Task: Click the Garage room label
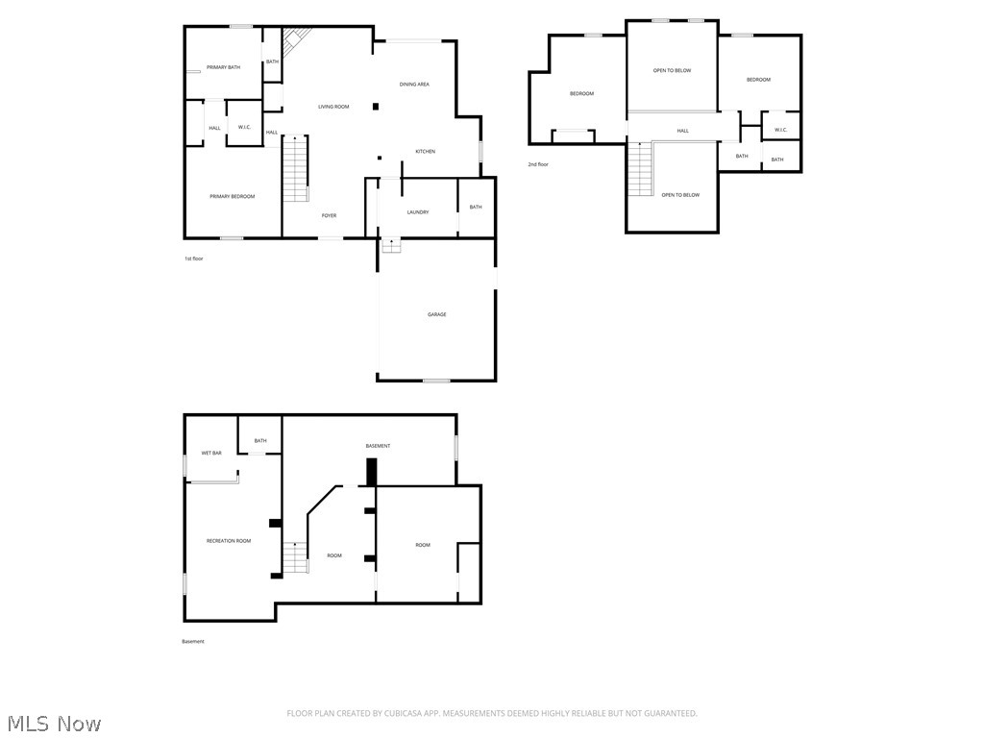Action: coord(436,314)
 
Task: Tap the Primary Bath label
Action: coord(223,67)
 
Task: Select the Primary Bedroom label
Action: coord(233,196)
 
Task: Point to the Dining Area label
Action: coord(414,85)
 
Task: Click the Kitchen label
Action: coord(425,152)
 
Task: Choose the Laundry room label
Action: coord(417,212)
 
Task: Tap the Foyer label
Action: coord(329,215)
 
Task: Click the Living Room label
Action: coord(333,107)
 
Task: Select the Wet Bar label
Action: coord(211,453)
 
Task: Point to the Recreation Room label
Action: coord(229,541)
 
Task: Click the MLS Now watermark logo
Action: coord(52,723)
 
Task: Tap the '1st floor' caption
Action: coord(193,258)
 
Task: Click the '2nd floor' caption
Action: coord(538,164)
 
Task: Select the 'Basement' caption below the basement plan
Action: coord(193,642)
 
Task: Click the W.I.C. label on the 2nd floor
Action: coord(780,130)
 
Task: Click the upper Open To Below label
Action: coord(672,70)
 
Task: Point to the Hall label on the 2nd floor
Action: coord(682,131)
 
